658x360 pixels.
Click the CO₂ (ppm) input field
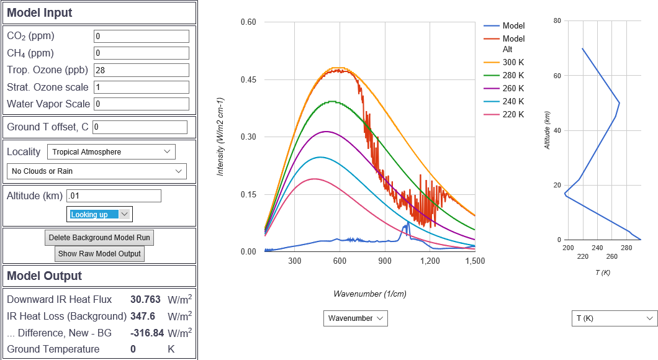pos(141,37)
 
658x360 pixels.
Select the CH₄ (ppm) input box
pos(141,53)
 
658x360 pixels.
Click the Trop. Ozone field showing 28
pos(141,70)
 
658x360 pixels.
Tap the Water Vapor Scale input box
pos(141,104)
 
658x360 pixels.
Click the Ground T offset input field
pos(140,127)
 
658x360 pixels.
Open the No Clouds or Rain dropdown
pos(96,171)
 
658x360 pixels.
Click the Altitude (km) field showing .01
pos(114,196)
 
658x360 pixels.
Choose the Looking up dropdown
pos(99,214)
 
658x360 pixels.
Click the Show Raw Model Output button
pos(99,253)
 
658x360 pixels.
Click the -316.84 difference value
pos(147,333)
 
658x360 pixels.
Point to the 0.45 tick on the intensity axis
pos(248,79)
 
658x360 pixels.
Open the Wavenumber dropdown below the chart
pos(355,318)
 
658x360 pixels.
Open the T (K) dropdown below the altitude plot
pos(614,318)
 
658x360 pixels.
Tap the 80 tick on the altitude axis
pos(557,20)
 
